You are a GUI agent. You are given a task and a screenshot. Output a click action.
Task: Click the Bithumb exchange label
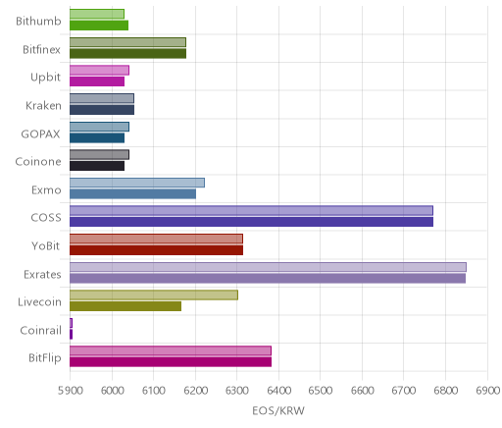[38, 22]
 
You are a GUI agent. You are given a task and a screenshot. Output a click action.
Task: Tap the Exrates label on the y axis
[42, 274]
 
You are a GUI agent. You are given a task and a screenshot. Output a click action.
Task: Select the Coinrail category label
[41, 331]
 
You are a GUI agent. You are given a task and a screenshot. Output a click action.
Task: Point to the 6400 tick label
[278, 391]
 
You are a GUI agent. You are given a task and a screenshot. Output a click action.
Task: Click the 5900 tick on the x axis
[71, 391]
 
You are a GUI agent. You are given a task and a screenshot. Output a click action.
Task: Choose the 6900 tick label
[487, 391]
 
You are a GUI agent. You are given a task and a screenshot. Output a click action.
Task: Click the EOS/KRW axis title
[278, 410]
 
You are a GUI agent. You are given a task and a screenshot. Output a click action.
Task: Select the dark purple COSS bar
[251, 222]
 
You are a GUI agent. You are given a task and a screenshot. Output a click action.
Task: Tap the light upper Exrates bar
[268, 267]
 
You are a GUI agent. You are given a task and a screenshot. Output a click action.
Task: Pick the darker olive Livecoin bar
[125, 306]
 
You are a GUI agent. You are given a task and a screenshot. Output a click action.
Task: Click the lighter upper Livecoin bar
[154, 294]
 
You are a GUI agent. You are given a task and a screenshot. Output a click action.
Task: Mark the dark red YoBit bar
[156, 250]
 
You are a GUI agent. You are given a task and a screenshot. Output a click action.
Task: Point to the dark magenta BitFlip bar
[171, 362]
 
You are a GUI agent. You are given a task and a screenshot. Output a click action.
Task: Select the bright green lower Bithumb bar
[99, 26]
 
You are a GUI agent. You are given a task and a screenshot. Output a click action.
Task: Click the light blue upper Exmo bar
[137, 183]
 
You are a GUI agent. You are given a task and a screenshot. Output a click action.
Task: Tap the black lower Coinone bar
[97, 166]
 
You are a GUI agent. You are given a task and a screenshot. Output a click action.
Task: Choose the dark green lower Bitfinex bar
[127, 53]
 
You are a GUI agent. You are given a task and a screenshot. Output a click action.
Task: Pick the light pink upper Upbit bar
[99, 70]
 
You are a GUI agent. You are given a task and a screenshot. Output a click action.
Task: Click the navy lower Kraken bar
[102, 110]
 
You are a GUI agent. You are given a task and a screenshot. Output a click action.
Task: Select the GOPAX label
[40, 134]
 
